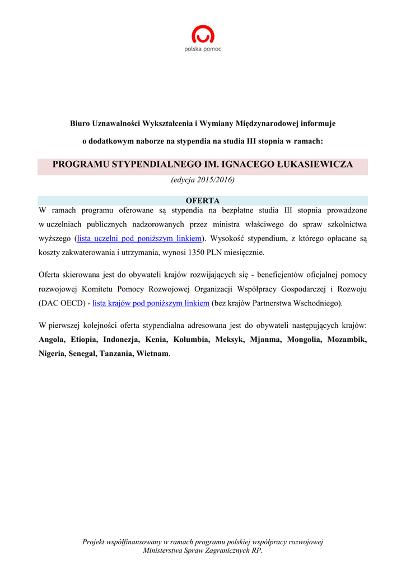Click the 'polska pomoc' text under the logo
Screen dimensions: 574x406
coord(203,49)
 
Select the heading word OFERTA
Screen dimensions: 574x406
coord(203,201)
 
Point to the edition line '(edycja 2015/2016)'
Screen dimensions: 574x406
coord(203,180)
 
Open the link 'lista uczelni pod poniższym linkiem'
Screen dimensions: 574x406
coord(139,238)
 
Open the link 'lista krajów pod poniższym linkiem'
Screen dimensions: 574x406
coord(151,303)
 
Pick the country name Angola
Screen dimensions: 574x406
coord(52,340)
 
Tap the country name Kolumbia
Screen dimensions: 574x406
coord(191,340)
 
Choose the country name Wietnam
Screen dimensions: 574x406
coord(152,354)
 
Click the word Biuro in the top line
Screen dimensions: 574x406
coord(80,123)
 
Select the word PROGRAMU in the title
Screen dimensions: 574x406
coord(81,165)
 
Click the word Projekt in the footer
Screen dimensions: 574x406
coord(95,542)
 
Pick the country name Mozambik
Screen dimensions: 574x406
coord(347,340)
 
